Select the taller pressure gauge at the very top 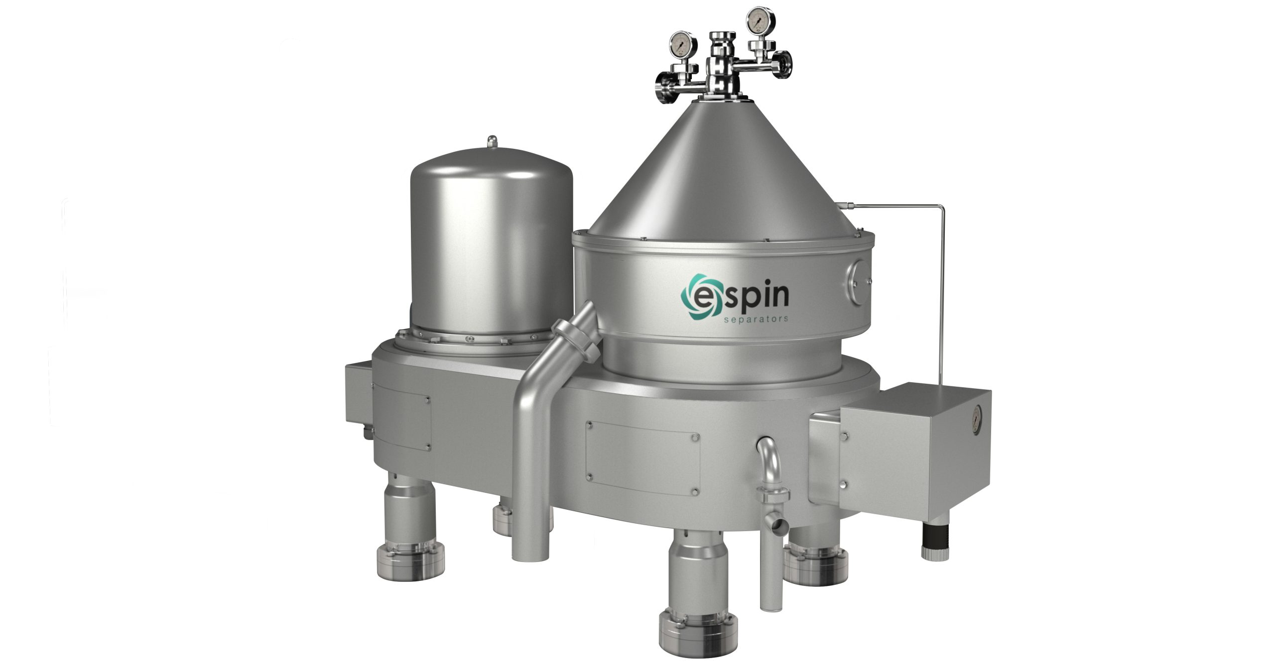pos(757,20)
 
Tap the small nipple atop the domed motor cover pos(492,141)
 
